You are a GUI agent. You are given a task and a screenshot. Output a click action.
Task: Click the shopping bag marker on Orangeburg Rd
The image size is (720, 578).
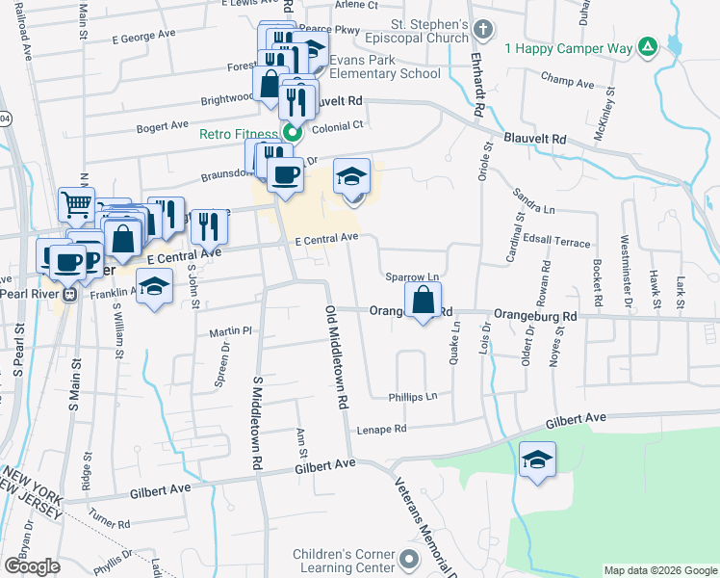(x=424, y=301)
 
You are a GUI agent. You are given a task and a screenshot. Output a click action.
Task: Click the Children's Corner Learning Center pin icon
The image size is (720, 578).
(x=410, y=559)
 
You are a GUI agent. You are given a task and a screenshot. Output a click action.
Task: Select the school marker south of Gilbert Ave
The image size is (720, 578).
(x=538, y=460)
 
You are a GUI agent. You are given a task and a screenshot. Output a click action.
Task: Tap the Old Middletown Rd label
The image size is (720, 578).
(x=335, y=357)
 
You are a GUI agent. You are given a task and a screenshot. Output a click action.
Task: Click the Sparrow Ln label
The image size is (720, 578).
(x=412, y=276)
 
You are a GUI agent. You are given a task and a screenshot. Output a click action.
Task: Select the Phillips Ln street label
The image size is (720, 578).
(x=413, y=396)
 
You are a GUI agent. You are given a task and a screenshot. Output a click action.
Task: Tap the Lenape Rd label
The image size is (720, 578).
(x=382, y=430)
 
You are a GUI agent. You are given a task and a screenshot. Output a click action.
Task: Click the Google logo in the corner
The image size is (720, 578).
(x=31, y=565)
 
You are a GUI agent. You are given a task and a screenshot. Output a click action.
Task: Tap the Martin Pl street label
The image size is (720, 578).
(x=230, y=331)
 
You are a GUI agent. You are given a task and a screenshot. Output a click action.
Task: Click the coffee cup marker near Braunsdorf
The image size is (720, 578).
(x=285, y=175)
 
